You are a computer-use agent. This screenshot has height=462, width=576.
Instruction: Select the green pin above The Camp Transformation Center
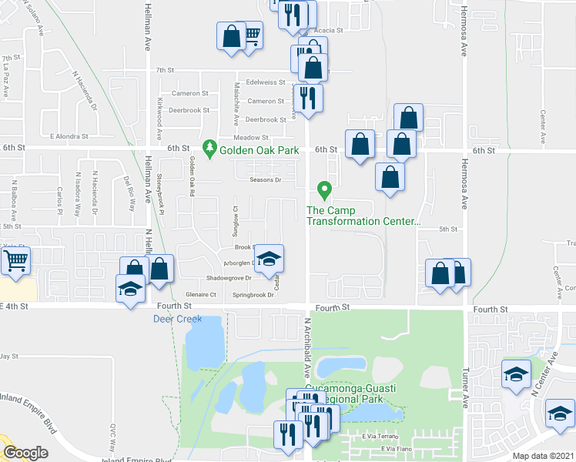(325, 189)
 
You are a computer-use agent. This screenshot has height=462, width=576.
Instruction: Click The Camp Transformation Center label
(363, 216)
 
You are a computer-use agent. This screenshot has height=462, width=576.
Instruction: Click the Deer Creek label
(177, 319)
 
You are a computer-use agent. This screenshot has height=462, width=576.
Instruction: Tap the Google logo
(25, 452)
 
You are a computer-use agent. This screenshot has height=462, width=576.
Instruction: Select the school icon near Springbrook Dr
(269, 259)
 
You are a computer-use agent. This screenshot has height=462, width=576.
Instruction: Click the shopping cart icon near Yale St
(15, 260)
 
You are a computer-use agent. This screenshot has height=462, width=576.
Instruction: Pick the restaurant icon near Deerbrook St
(308, 99)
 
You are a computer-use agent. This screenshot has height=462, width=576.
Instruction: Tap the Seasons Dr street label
(266, 181)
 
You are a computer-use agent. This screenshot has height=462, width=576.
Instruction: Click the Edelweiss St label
(266, 82)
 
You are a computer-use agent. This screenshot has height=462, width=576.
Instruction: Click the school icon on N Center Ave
(515, 374)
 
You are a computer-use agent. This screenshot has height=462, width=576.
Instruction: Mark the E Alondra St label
(70, 136)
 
